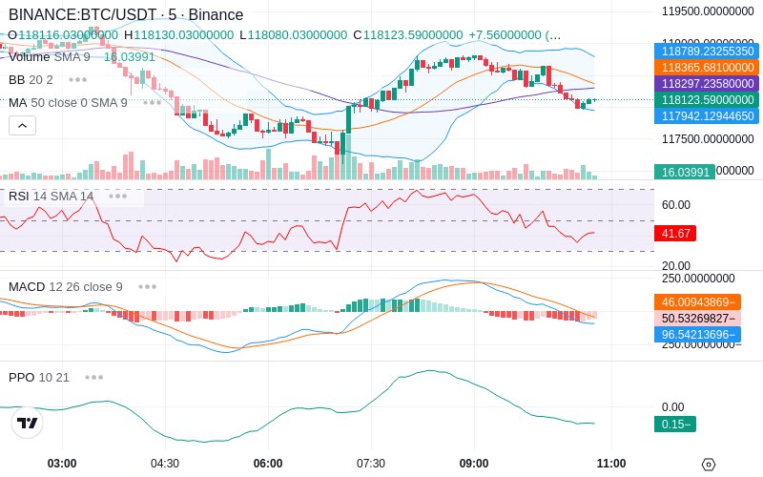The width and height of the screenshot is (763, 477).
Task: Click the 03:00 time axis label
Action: click(x=62, y=464)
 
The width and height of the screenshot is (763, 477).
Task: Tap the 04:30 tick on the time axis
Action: click(x=165, y=464)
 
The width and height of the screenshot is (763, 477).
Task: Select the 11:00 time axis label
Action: click(x=611, y=464)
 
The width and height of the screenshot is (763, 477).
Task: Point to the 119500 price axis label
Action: click(x=708, y=11)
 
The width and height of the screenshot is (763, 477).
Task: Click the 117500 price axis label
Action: click(x=708, y=139)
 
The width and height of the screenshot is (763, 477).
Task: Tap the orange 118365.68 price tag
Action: click(x=707, y=68)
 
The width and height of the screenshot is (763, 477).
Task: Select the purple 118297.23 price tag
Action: click(x=707, y=84)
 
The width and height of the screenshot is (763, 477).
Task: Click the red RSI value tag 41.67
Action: click(x=675, y=233)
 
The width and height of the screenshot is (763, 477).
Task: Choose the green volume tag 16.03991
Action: click(x=683, y=173)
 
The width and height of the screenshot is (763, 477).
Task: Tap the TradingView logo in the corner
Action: click(x=28, y=423)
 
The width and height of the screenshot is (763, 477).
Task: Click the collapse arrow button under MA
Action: click(x=22, y=125)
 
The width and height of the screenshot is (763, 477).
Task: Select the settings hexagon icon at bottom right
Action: click(x=709, y=465)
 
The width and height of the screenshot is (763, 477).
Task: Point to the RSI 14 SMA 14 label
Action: click(x=52, y=196)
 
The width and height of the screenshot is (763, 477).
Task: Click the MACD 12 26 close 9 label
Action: click(x=66, y=286)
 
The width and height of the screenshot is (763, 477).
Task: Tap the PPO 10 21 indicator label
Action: click(x=39, y=377)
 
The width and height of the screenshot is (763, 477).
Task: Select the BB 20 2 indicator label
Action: click(x=31, y=79)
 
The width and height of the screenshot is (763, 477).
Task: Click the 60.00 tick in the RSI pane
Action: click(x=676, y=204)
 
